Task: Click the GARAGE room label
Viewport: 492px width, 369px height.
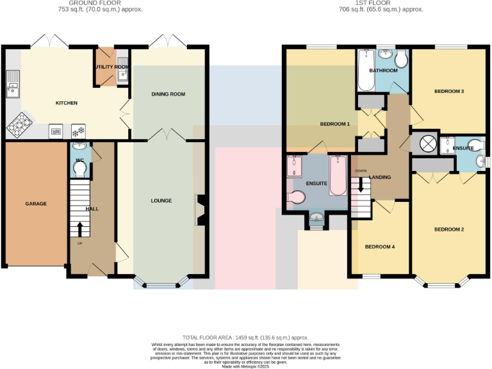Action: coord(36,204)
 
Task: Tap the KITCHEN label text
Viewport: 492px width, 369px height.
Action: coord(67,103)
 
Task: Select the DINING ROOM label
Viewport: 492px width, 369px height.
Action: coord(168,94)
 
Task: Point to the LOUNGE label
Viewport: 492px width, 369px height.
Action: coord(161,201)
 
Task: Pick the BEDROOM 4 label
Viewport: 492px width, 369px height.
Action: coord(380,247)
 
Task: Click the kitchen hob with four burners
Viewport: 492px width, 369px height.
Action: coord(19,124)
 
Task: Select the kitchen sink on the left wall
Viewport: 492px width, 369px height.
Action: coord(13,85)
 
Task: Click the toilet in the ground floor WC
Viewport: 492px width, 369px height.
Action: coord(79,168)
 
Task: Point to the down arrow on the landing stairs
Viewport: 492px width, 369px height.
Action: coord(361,184)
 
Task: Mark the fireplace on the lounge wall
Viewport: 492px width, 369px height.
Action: coord(199,209)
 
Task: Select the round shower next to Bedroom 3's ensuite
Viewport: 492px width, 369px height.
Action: coord(427,143)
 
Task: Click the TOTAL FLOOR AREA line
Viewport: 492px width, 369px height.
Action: coord(246,338)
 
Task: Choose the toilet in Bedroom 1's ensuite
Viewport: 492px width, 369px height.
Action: coord(297,197)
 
